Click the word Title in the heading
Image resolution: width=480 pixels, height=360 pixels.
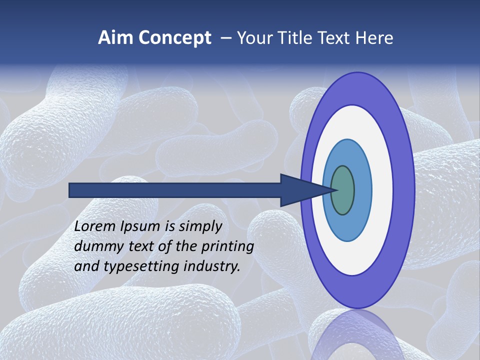297,38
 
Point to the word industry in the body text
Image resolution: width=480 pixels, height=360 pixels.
211,266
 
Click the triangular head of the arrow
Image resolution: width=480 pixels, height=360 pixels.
300,190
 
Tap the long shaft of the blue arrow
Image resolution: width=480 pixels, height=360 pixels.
175,190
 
